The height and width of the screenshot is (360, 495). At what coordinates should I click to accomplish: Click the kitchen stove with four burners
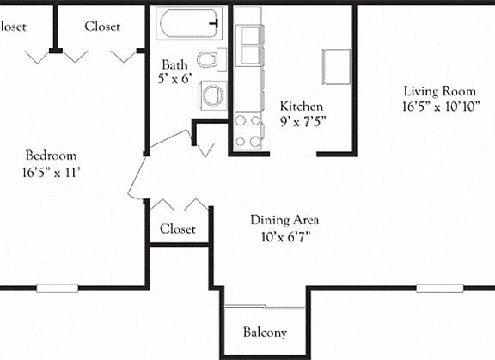pyautogui.click(x=248, y=130)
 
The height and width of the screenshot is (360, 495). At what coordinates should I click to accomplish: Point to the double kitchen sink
pyautogui.click(x=250, y=46)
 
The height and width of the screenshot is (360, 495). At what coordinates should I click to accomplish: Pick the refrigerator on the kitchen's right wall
pyautogui.click(x=336, y=65)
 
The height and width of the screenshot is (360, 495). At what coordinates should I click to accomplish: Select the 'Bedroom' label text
pyautogui.click(x=51, y=156)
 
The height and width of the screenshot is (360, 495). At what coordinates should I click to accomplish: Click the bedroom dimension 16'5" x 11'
pyautogui.click(x=51, y=172)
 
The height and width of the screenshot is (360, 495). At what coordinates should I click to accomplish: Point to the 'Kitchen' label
pyautogui.click(x=302, y=106)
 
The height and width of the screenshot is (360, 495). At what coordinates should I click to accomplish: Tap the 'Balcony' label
pyautogui.click(x=265, y=333)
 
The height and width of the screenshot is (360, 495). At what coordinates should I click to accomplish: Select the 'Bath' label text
pyautogui.click(x=175, y=64)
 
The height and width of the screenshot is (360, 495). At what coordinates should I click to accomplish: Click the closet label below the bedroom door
pyautogui.click(x=178, y=229)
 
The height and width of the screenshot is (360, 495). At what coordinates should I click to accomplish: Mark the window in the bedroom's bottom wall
pyautogui.click(x=57, y=288)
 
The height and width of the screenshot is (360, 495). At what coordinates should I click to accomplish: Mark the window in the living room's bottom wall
pyautogui.click(x=439, y=288)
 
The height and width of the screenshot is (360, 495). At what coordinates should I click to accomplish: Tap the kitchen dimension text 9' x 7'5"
pyautogui.click(x=302, y=122)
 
